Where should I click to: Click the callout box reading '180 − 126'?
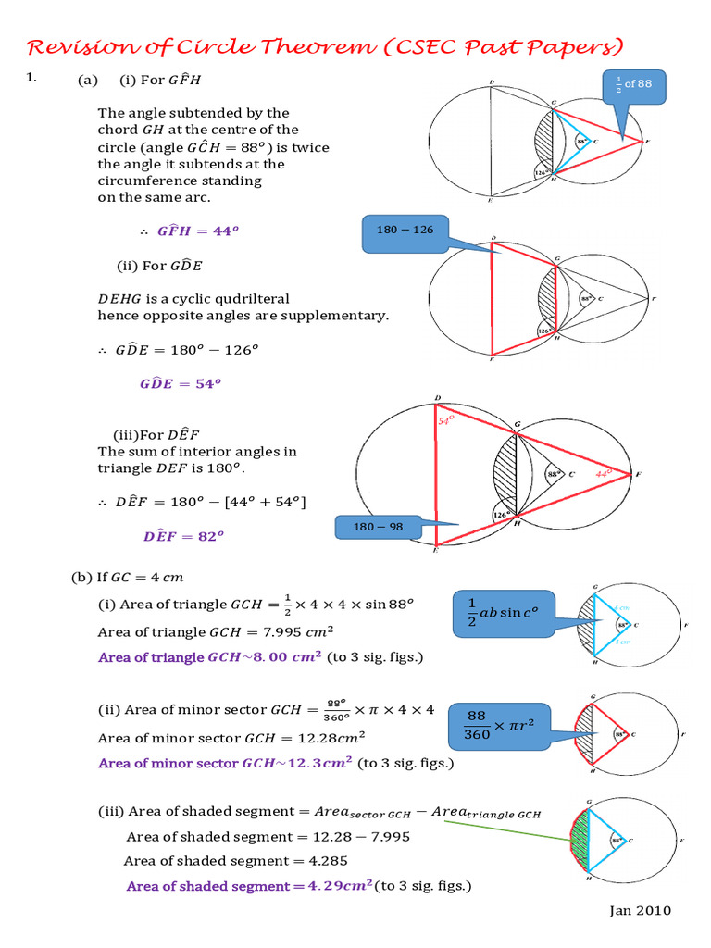click(404, 231)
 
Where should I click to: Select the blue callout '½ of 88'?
click(633, 84)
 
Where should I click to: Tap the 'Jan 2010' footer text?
click(640, 910)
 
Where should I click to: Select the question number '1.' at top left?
click(31, 80)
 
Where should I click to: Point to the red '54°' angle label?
click(448, 421)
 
